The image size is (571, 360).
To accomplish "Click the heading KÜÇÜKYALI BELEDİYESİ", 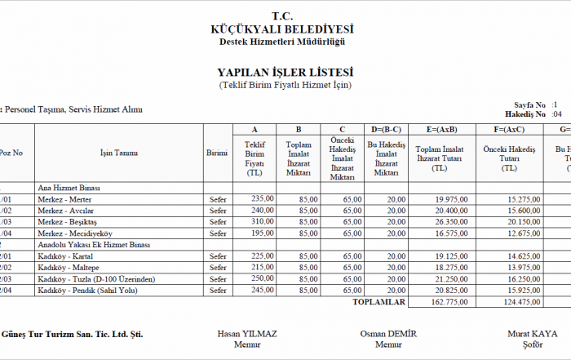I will point(281,29).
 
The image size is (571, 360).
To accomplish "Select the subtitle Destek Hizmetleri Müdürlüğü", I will point(281,42).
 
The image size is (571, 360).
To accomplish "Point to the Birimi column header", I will point(217,153).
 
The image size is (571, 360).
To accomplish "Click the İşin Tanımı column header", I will point(118,153).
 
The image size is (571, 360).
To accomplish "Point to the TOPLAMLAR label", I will point(378,302).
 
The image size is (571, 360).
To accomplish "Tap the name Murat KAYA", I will point(532,334).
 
